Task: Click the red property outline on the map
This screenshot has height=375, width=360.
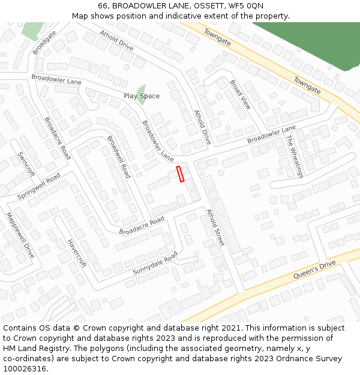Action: click(180, 174)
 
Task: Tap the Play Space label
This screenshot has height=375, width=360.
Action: click(142, 96)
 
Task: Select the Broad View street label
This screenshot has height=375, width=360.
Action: click(241, 94)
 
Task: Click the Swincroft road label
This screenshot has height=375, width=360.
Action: click(27, 164)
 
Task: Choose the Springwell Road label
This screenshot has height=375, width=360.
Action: click(39, 187)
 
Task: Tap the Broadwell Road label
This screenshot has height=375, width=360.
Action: click(119, 157)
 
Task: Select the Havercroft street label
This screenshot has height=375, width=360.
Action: click(77, 253)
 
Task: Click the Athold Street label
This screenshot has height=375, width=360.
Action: click(215, 227)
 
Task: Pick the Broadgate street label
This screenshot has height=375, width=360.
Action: click(44, 42)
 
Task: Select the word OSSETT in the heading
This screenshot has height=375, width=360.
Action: click(208, 6)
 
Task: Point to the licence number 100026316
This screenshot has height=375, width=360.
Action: click(23, 369)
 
